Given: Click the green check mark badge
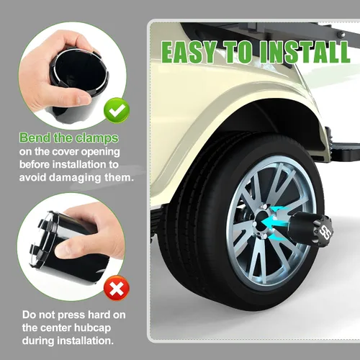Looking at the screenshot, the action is tap(117, 111).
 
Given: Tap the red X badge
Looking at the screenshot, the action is tap(117, 288).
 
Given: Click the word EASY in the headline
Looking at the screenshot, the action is tap(189, 52).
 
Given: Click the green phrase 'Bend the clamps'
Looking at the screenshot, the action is tap(69, 138).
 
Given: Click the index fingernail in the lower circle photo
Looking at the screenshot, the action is tap(64, 250).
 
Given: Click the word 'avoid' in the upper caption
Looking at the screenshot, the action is tap(32, 178).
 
